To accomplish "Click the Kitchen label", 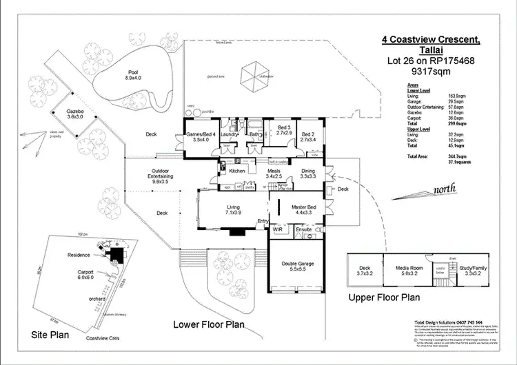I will tap(237, 171).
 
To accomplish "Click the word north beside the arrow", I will tap(443, 191).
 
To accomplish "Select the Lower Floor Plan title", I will tap(208, 324).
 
